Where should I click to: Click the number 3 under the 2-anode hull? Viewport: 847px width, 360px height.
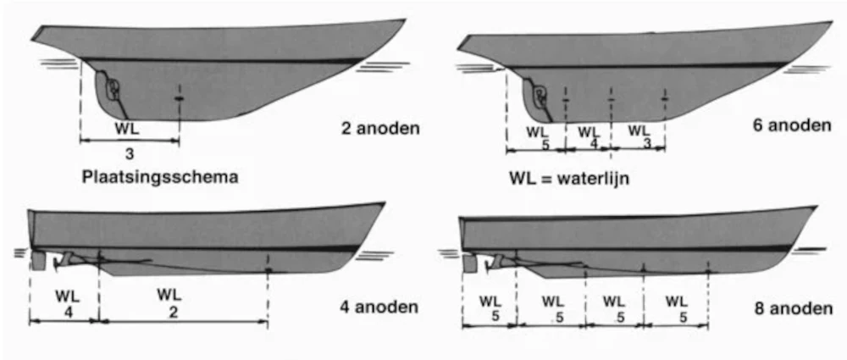(130, 154)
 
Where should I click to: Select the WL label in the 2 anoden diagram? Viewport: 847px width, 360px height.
(130, 130)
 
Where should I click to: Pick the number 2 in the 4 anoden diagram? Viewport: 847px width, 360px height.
(174, 311)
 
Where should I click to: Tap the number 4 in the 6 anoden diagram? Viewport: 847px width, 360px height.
(594, 143)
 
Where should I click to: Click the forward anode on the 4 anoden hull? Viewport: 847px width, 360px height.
(268, 271)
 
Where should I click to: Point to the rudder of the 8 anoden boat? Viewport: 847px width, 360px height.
(470, 263)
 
